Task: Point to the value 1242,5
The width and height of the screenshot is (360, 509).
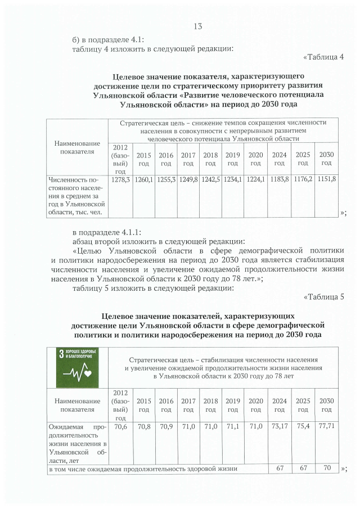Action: pos(210,179)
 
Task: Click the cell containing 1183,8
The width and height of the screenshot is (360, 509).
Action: pos(278,179)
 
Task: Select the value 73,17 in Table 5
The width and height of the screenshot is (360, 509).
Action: pos(279,427)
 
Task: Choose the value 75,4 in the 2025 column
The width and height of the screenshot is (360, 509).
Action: pos(303,427)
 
